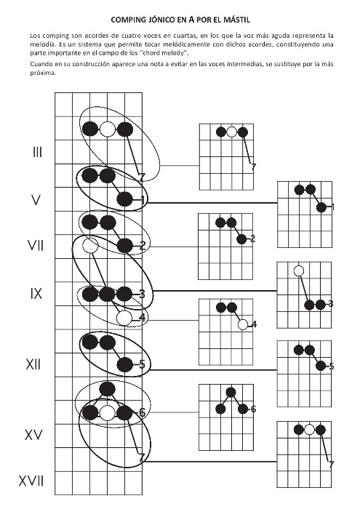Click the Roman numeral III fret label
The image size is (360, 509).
tap(37, 152)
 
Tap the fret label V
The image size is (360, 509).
tap(36, 200)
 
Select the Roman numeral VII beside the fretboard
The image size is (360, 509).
tap(36, 246)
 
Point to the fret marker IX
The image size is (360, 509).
tap(36, 294)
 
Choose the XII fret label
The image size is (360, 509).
tap(33, 364)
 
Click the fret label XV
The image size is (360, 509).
tap(33, 435)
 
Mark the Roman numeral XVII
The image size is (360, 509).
tap(31, 481)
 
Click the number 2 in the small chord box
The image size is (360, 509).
tap(253, 239)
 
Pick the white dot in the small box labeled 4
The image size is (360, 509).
tap(243, 324)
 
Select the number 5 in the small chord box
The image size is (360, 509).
tap(332, 366)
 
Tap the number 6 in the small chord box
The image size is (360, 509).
tap(253, 409)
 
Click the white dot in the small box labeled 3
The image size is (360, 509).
tap(298, 270)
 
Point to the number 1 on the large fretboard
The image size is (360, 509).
tap(143, 200)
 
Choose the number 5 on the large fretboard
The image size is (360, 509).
tap(142, 364)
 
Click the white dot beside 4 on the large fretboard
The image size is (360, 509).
tap(124, 318)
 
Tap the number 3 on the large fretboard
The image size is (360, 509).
tap(142, 294)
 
